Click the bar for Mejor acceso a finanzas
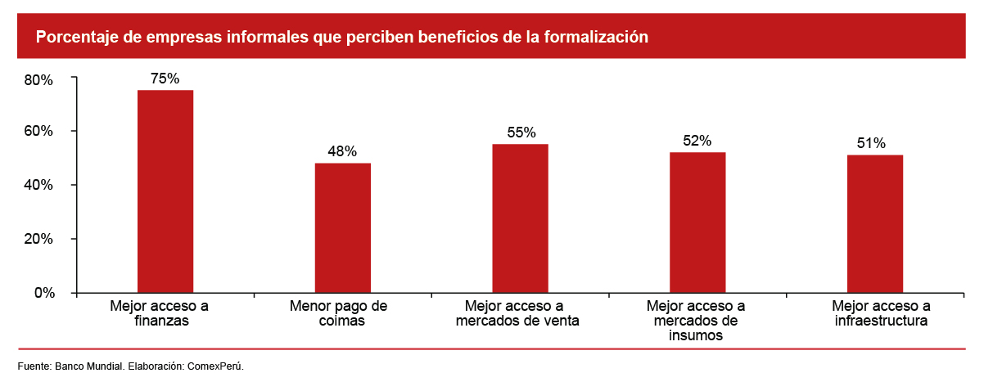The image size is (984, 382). [x=165, y=191]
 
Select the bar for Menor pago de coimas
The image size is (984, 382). [x=343, y=227]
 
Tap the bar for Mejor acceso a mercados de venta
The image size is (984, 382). [x=521, y=218]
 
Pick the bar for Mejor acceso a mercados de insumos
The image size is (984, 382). [x=697, y=222]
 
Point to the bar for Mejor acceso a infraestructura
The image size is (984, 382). [x=875, y=223]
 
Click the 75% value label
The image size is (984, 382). [x=165, y=79]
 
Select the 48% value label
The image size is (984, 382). [x=343, y=151]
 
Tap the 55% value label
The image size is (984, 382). [x=521, y=133]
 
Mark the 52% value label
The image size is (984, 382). [x=697, y=141]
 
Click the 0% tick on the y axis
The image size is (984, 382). [x=43, y=293]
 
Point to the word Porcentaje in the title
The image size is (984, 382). [x=74, y=37]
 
